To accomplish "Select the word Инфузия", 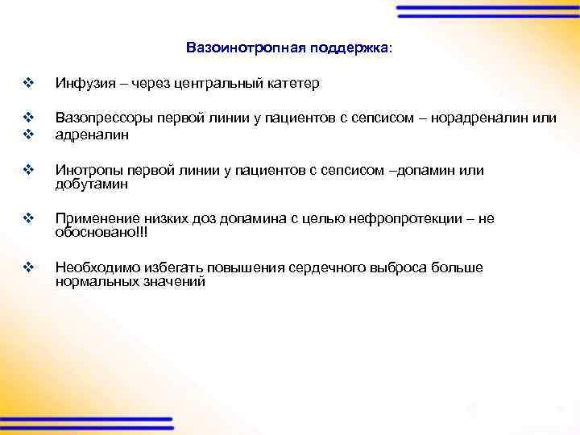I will tap(81, 84).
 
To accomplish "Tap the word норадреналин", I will tap(483, 118).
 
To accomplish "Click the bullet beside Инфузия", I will tap(29, 83).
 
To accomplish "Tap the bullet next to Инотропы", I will tap(29, 170).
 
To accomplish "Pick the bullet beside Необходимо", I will tap(29, 267).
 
